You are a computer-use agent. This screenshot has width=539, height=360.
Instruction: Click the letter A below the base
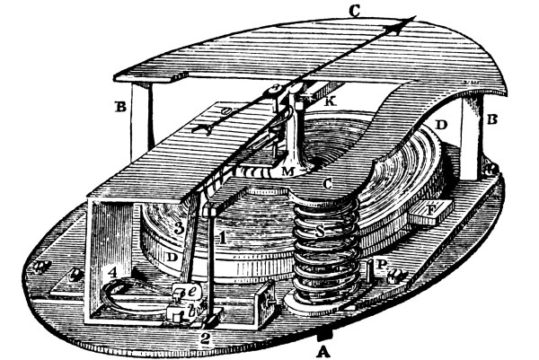(x=320, y=351)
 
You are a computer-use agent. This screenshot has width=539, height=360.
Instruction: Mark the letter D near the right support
(x=440, y=120)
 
